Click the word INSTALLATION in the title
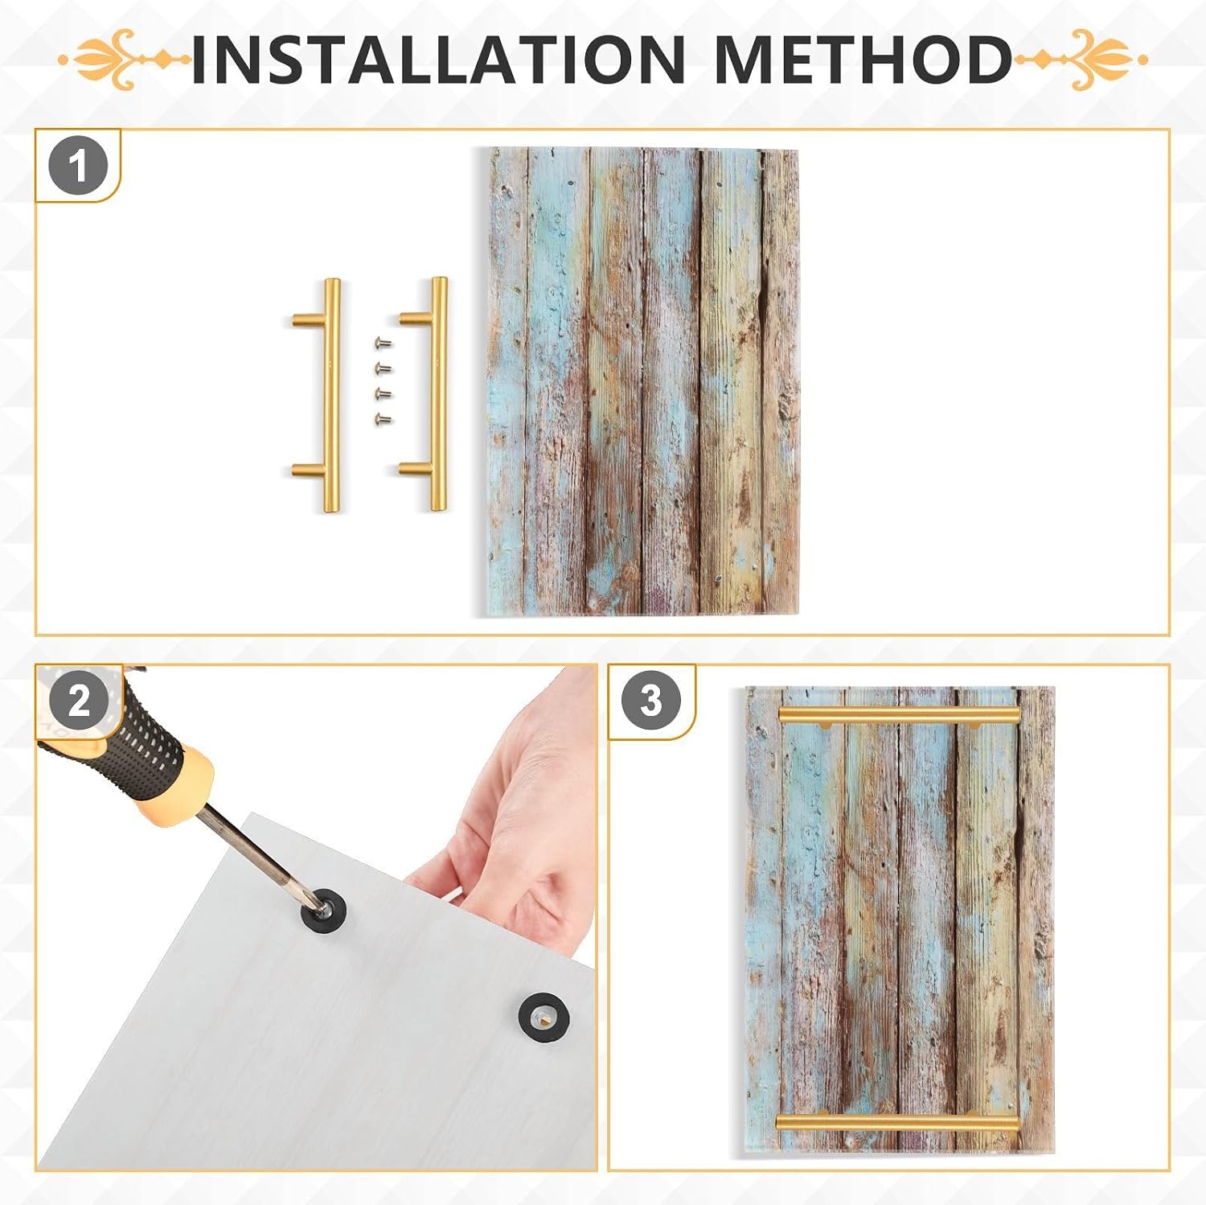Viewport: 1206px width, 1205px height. [438, 59]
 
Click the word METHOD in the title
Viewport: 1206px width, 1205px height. [863, 59]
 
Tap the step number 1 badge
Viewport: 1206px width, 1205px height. [78, 167]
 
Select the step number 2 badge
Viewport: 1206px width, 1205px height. [79, 701]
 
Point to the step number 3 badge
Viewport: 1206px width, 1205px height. [651, 700]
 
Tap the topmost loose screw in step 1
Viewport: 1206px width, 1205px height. [383, 343]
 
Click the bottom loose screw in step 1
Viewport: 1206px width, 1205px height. [383, 418]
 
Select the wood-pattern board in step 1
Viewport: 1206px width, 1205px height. [644, 381]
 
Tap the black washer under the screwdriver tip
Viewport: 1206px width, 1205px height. [323, 909]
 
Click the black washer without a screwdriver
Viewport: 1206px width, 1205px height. [544, 1017]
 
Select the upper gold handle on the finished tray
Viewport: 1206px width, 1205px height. [899, 714]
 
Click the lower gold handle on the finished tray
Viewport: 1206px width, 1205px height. [897, 1122]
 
